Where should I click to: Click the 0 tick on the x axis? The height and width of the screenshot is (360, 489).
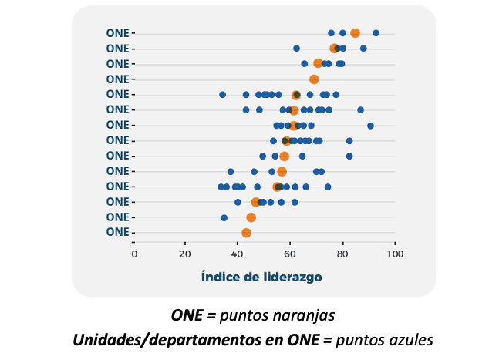click(134, 253)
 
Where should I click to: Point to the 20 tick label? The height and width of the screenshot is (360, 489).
click(186, 253)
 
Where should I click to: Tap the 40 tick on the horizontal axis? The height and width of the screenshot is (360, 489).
click(238, 253)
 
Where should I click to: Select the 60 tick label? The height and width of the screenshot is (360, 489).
click(290, 253)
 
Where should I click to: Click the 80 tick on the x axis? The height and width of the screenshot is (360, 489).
click(342, 253)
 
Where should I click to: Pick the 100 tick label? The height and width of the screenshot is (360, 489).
click(395, 253)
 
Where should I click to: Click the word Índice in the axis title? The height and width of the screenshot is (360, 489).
click(220, 276)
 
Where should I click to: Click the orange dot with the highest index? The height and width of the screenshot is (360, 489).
click(355, 33)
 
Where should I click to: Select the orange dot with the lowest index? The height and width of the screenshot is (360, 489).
click(246, 233)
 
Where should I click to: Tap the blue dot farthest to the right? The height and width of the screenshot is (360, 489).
click(376, 33)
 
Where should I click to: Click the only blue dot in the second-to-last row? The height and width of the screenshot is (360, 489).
click(224, 217)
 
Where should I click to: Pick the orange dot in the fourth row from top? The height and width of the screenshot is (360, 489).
click(314, 79)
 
